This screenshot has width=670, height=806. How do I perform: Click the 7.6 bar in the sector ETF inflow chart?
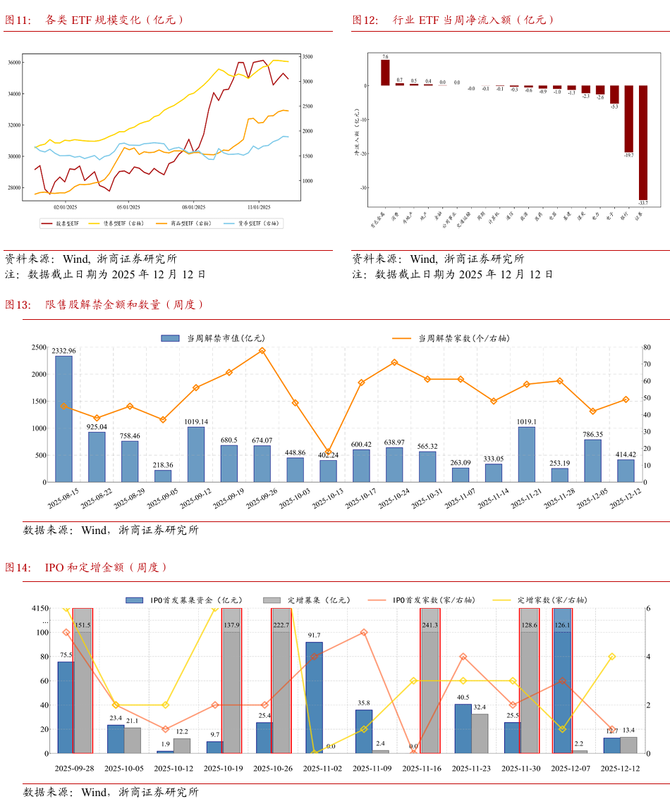point(385,73)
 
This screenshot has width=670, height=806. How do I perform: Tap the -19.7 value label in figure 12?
point(628,156)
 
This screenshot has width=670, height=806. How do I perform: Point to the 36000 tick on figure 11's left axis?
point(13,62)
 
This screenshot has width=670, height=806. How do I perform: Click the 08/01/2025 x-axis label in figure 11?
point(193,207)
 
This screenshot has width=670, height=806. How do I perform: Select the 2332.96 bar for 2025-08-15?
point(63,418)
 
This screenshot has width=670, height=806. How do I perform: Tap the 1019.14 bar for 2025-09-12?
point(195,454)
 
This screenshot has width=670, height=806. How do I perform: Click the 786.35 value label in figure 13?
point(592,435)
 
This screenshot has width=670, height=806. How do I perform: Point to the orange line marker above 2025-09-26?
point(262,350)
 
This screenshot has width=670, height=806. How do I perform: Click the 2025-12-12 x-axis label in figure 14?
point(620,769)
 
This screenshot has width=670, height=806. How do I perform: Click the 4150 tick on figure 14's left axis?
point(39,609)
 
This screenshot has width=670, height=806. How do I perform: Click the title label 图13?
point(18,305)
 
